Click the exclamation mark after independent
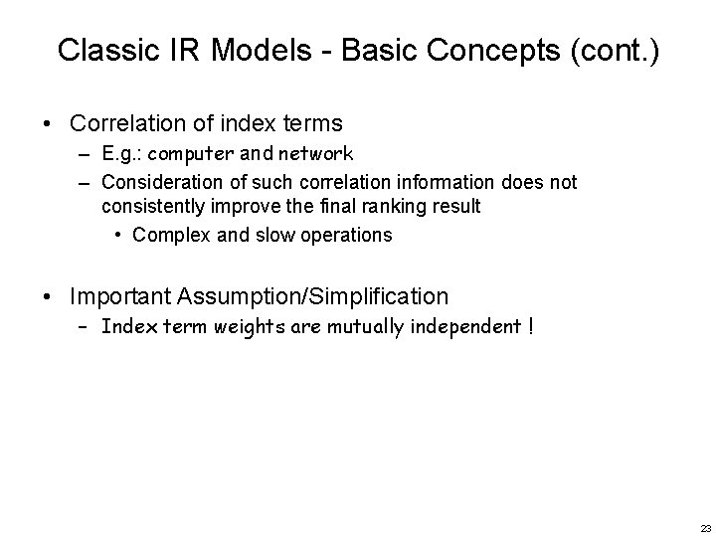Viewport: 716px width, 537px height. click(530, 327)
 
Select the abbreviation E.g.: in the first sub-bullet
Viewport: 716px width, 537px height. click(121, 155)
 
